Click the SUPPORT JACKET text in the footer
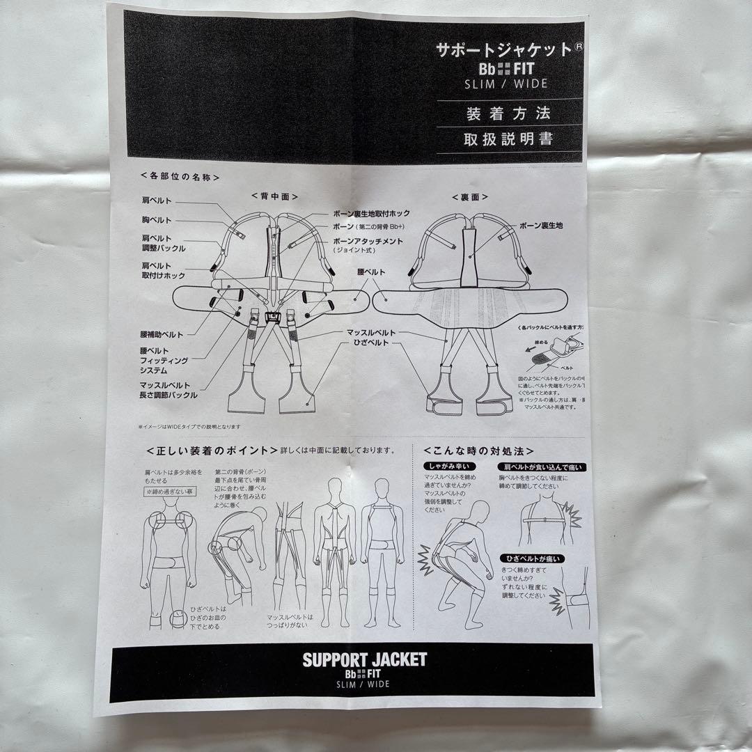(x=364, y=659)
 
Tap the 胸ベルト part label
(x=157, y=220)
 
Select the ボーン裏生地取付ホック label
(x=371, y=214)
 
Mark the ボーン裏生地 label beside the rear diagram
(x=541, y=226)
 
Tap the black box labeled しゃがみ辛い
(x=444, y=467)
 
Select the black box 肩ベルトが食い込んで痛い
(x=540, y=467)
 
